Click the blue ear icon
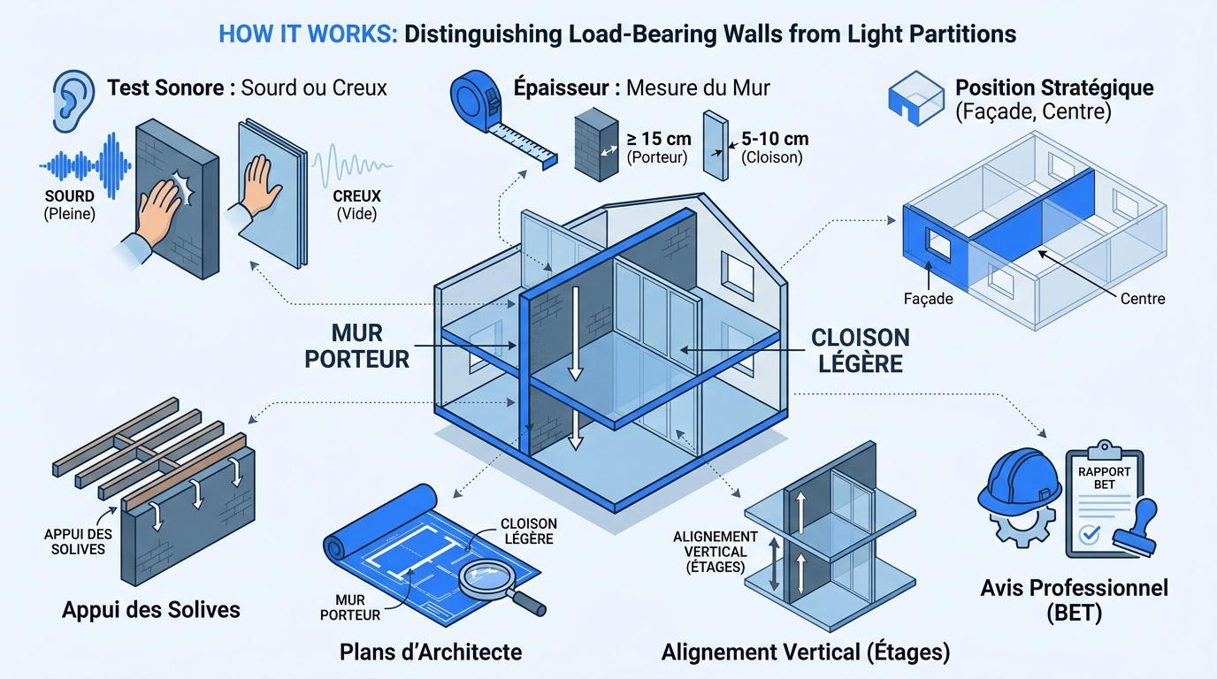tap(73, 101)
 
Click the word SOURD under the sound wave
tap(70, 196)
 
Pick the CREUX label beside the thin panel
tap(357, 196)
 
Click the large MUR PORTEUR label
tap(357, 346)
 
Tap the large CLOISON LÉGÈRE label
tap(861, 350)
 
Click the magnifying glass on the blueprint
tap(497, 584)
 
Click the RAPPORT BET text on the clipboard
tap(1104, 478)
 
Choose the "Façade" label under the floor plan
tap(928, 299)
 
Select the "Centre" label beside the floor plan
tap(1143, 299)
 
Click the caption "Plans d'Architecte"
tap(431, 652)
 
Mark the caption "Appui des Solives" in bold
tap(151, 610)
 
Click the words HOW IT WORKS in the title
tap(308, 34)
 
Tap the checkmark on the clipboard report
tap(1090, 534)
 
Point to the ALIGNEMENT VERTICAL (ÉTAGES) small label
tap(715, 552)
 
